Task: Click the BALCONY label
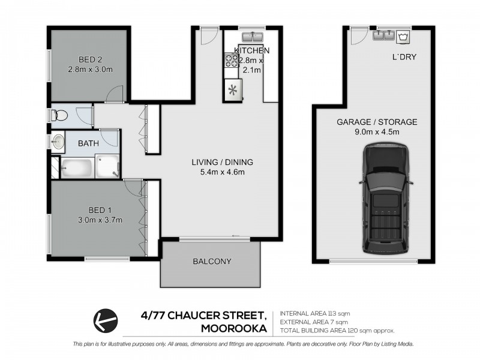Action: click(212, 262)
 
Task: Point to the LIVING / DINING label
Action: click(222, 162)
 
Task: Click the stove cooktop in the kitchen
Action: click(230, 61)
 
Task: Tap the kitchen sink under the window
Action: click(253, 38)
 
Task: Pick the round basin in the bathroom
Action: click(59, 142)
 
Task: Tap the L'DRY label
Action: click(404, 58)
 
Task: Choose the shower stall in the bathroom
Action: click(108, 167)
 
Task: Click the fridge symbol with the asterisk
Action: click(232, 91)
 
